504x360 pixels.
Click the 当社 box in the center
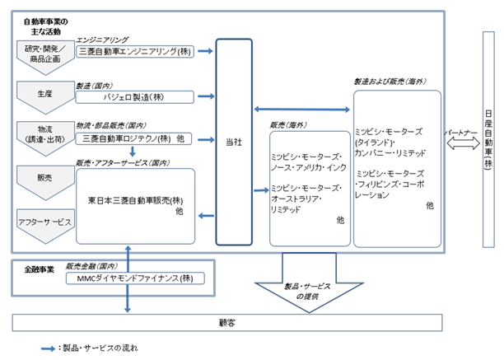click(x=234, y=142)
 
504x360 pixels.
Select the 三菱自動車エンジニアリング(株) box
click(x=135, y=51)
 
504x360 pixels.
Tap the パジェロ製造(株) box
click(x=135, y=97)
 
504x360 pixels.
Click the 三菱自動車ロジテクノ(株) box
click(x=133, y=139)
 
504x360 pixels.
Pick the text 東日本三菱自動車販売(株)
click(x=135, y=201)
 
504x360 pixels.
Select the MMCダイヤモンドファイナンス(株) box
click(x=135, y=278)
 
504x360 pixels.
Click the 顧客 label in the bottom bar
click(x=227, y=323)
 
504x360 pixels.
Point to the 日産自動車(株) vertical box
click(x=488, y=139)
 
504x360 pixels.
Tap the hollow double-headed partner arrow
click(x=463, y=143)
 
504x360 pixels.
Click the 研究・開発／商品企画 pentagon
click(x=45, y=57)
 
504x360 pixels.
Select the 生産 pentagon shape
click(x=45, y=97)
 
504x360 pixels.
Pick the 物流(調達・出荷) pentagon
click(x=45, y=138)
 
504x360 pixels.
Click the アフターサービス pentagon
click(x=45, y=226)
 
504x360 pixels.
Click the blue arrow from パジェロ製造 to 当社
click(x=206, y=96)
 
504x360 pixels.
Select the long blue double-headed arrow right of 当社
click(x=301, y=110)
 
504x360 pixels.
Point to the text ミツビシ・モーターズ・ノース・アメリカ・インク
click(x=308, y=162)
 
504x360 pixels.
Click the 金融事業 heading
click(x=40, y=269)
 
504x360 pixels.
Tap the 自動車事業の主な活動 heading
click(x=46, y=26)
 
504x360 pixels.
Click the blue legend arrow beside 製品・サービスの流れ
click(x=49, y=348)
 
